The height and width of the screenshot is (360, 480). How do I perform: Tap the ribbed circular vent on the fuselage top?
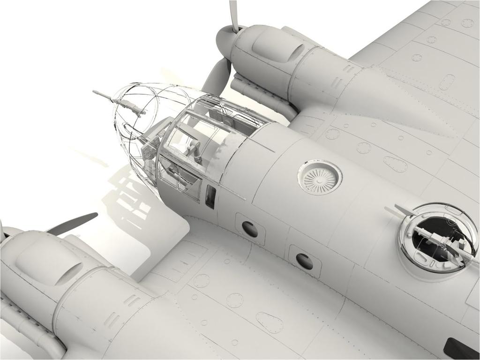pyautogui.click(x=320, y=178)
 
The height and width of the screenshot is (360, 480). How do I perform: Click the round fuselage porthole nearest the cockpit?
pyautogui.click(x=250, y=229)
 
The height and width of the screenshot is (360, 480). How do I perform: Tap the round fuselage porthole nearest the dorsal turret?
pyautogui.click(x=304, y=261)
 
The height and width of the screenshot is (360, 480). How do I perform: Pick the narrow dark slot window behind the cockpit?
pyautogui.click(x=210, y=196)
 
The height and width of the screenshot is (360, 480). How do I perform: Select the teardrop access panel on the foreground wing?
pyautogui.click(x=269, y=322)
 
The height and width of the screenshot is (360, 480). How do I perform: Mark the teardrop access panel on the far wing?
pyautogui.click(x=395, y=164)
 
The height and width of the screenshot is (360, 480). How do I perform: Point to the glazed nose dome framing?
pyautogui.click(x=136, y=122)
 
